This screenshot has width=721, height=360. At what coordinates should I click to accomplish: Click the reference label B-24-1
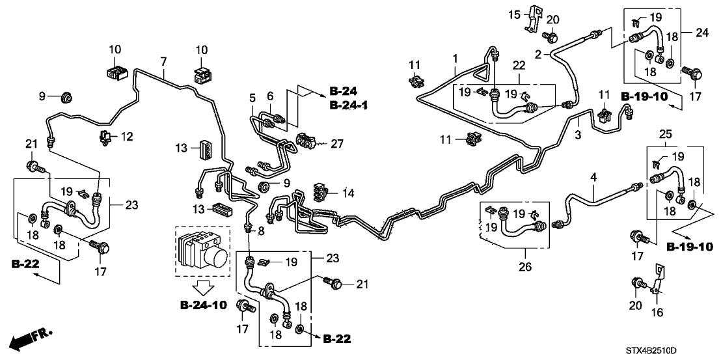point(349,104)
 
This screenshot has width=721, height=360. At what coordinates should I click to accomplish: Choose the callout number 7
point(163,62)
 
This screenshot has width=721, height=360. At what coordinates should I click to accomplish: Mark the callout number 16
point(655,312)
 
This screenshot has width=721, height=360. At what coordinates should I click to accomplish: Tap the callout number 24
point(701,33)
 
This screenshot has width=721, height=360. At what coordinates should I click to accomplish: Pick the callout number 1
point(456,58)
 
